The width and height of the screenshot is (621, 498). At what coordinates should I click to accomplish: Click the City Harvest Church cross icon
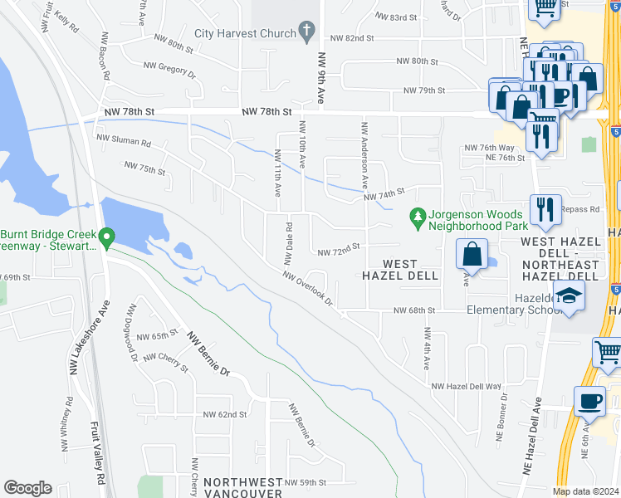[307, 34]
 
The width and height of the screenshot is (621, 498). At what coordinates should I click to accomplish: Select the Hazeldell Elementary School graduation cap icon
[569, 296]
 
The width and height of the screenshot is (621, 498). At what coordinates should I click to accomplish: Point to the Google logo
[28, 488]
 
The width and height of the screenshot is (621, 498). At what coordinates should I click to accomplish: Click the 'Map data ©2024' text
[586, 491]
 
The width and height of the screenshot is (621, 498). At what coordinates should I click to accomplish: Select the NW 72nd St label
[339, 247]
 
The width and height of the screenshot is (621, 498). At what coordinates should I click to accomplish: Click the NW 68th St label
[414, 310]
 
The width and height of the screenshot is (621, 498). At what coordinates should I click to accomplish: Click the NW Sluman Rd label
[124, 142]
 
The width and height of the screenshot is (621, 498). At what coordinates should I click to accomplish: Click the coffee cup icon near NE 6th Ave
[590, 402]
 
